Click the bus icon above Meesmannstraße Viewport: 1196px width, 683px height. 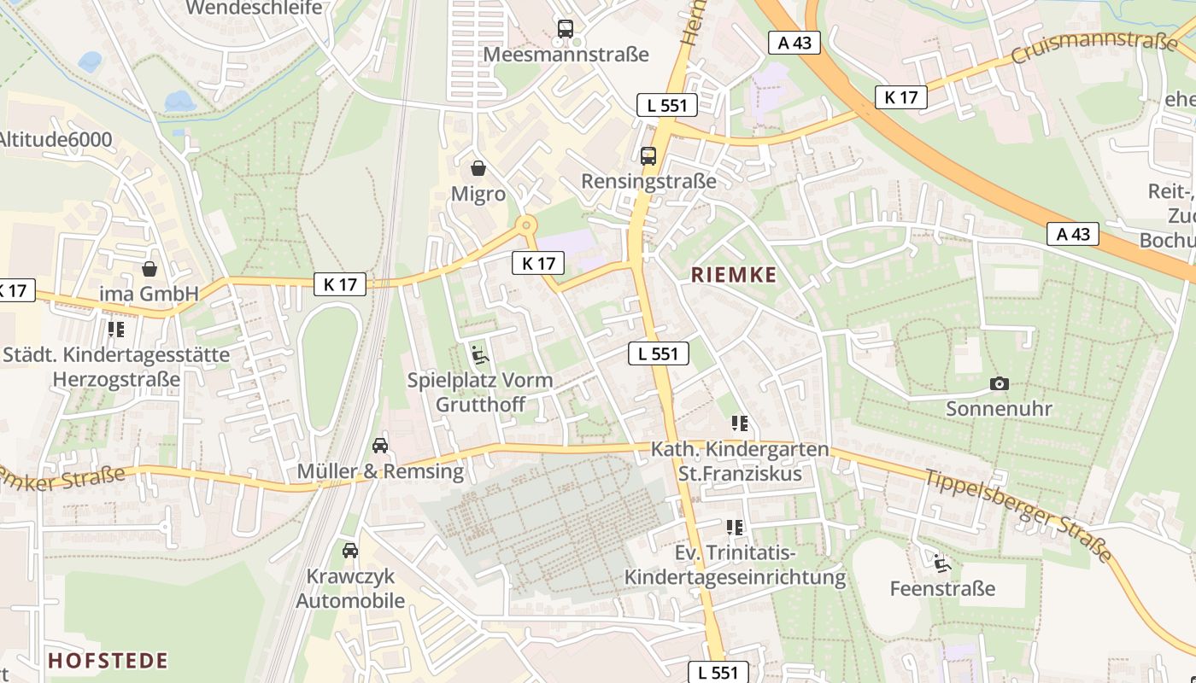[x=565, y=28]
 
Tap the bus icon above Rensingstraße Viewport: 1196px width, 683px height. [x=648, y=155]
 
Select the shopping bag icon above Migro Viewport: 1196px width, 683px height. [x=478, y=168]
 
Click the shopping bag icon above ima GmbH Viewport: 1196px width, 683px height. [x=149, y=269]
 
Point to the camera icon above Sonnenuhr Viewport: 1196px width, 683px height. [x=999, y=383]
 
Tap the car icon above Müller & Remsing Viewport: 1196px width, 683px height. [x=380, y=445]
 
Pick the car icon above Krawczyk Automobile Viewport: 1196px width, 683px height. [x=349, y=550]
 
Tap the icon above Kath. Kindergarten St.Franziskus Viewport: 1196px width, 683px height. [x=740, y=423]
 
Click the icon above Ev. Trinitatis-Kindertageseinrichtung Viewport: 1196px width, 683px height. [x=735, y=527]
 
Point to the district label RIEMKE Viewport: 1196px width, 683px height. [x=734, y=275]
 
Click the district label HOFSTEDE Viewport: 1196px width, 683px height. [x=108, y=660]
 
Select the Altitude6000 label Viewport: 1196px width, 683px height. [x=56, y=139]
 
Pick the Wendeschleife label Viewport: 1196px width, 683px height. [x=254, y=8]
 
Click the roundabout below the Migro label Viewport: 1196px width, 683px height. [x=525, y=225]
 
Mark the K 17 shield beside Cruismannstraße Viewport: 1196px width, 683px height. [x=901, y=97]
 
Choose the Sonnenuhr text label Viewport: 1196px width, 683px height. [x=999, y=408]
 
